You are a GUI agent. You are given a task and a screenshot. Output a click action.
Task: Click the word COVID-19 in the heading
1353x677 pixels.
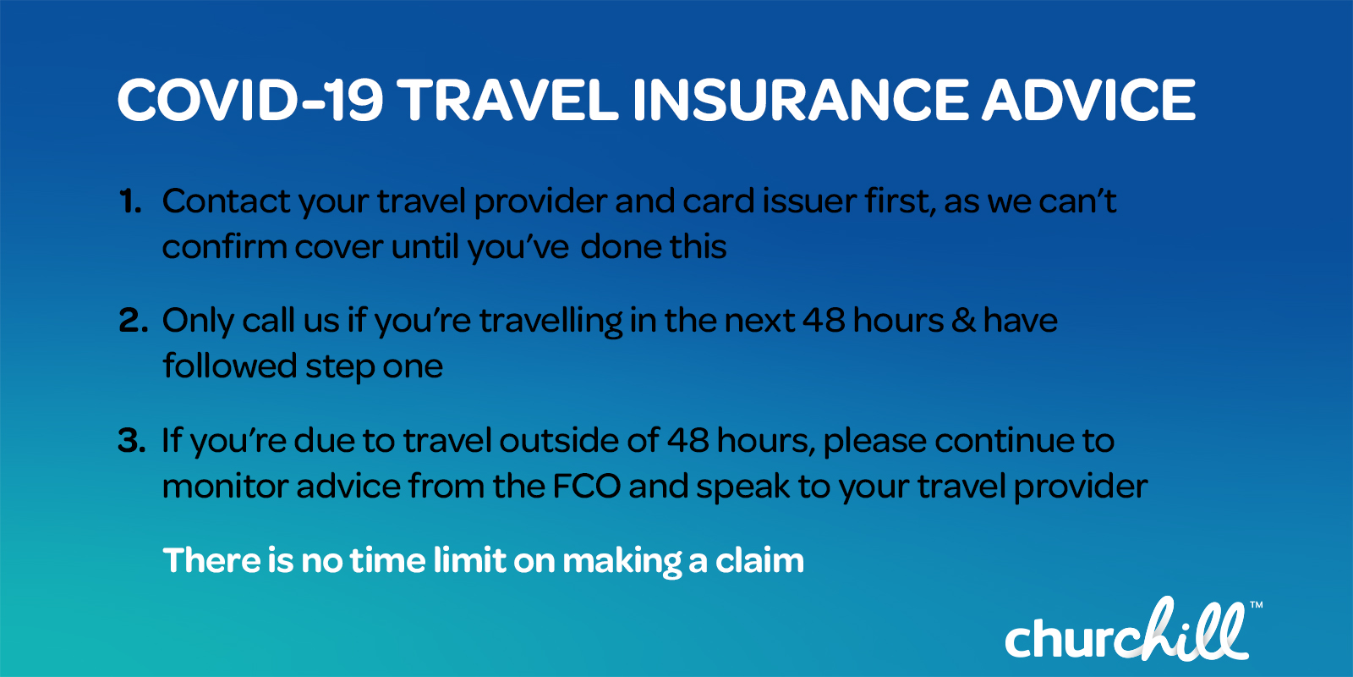coord(250,101)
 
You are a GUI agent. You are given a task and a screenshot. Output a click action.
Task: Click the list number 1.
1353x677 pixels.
coord(129,202)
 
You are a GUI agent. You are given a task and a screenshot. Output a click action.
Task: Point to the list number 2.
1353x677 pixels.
coord(133,322)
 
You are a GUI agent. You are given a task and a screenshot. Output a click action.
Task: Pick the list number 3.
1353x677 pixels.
coord(132,441)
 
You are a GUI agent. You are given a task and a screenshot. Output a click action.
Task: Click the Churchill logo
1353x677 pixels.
coord(1126,632)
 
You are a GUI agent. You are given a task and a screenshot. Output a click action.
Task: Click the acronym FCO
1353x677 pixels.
coord(587,487)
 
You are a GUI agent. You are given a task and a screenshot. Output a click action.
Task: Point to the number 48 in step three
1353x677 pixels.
coord(687,441)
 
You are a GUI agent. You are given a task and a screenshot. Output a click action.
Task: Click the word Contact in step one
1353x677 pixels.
coord(226,202)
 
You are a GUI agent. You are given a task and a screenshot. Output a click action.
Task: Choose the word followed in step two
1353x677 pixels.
coord(229,366)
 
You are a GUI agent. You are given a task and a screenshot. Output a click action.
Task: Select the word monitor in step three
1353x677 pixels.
coord(223,487)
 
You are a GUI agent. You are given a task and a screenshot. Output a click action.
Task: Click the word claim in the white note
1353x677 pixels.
coord(759,561)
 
